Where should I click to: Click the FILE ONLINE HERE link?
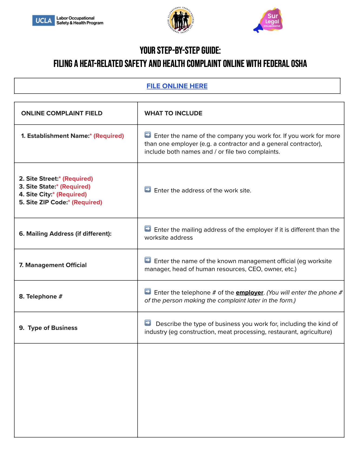tap(177, 86)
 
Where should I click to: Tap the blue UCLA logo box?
tap(43, 21)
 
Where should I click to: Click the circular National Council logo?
tap(180, 20)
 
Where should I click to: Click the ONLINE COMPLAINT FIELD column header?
tap(62, 113)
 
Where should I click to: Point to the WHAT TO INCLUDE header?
tap(173, 113)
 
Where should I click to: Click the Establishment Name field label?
tap(58, 136)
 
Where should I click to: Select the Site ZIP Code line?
tap(61, 202)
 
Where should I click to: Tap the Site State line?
tap(55, 187)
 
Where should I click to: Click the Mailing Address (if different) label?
tap(65, 234)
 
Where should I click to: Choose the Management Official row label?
tap(53, 265)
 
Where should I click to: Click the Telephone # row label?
tap(41, 296)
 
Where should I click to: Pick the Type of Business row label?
tap(48, 328)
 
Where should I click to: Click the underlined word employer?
tap(249, 293)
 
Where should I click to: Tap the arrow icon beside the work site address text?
tap(148, 190)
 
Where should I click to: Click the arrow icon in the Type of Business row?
tap(148, 323)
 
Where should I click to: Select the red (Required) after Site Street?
tap(78, 179)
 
